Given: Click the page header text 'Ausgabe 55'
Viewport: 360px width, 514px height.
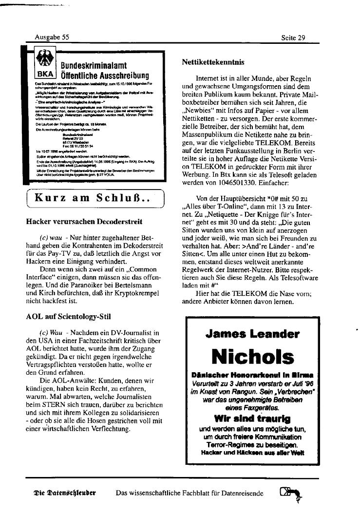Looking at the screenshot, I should pyautogui.click(x=52, y=37).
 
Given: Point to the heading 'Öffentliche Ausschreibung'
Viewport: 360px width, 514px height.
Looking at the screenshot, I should pyautogui.click(x=104, y=76).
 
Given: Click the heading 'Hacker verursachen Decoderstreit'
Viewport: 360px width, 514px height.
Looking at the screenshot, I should pyautogui.click(x=84, y=222).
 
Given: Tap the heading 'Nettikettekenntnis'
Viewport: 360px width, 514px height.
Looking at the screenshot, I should pyautogui.click(x=213, y=62).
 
